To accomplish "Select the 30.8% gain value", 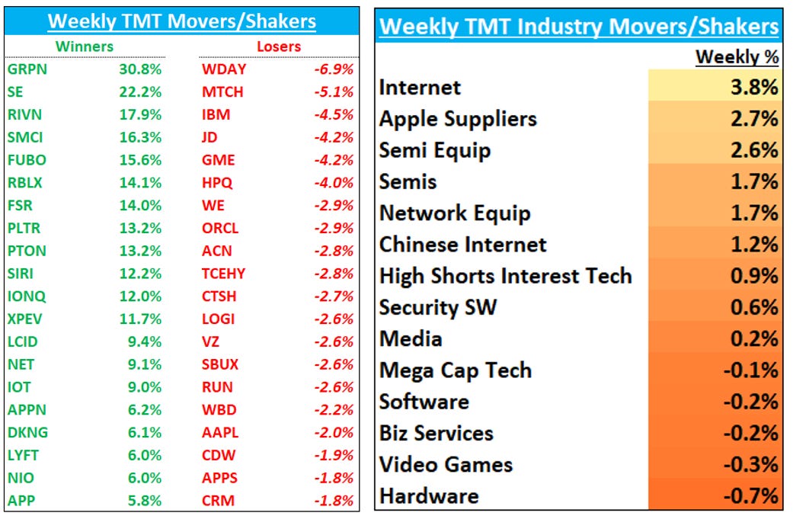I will click(140, 69).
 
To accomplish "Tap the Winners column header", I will click(84, 46).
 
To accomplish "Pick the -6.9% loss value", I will click(334, 69).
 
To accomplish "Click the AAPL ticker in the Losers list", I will click(220, 432).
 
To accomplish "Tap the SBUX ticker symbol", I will click(220, 364).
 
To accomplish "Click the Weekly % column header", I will click(737, 58).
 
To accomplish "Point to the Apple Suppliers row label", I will click(458, 119).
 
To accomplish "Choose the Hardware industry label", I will click(429, 496).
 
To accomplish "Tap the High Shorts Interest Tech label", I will click(506, 275).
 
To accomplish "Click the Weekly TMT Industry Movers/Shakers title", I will click(579, 27).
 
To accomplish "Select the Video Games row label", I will click(446, 464).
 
